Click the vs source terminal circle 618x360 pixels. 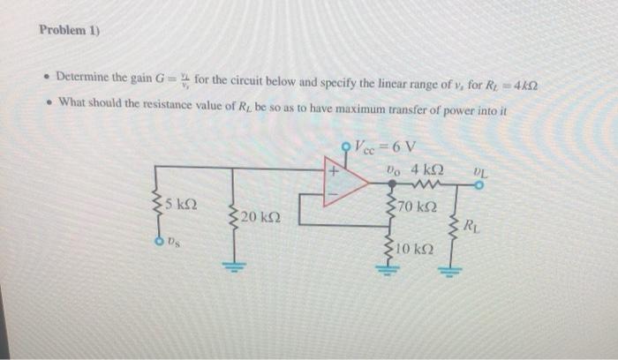tap(160, 240)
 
